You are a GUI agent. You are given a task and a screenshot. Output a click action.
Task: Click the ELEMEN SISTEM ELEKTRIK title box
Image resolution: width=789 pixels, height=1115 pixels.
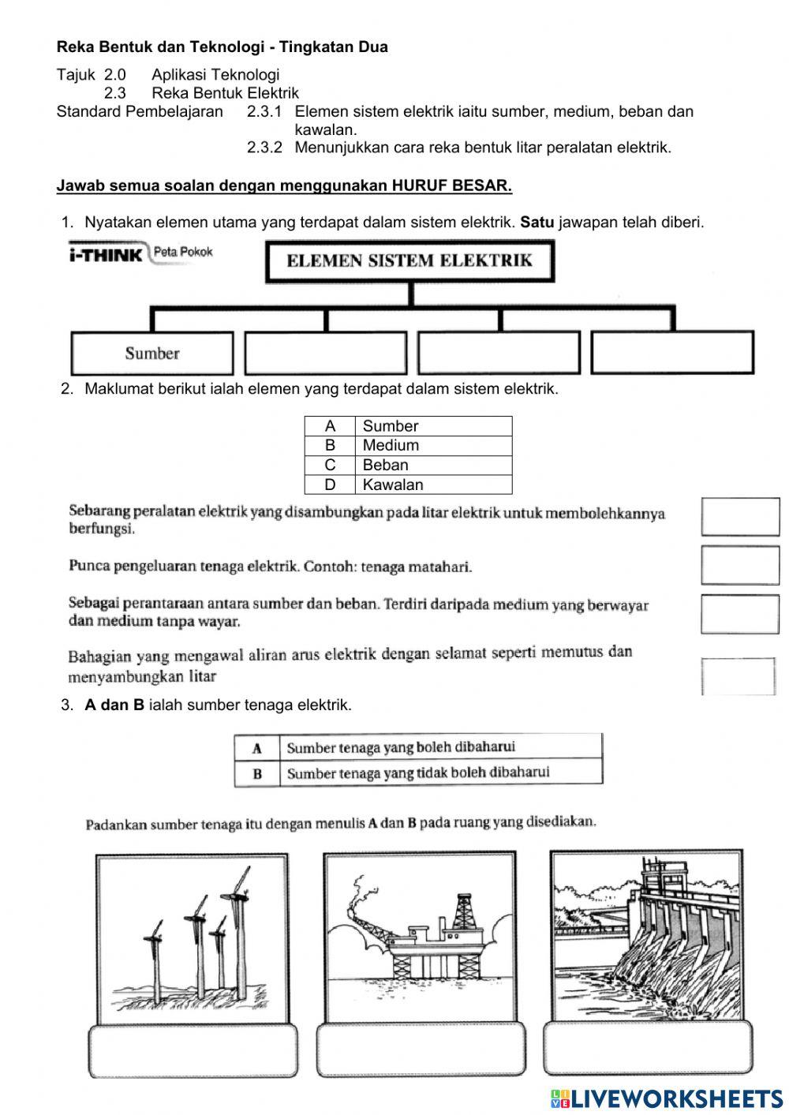(409, 261)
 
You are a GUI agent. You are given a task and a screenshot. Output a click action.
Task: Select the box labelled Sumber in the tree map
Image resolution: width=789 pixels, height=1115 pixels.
(152, 353)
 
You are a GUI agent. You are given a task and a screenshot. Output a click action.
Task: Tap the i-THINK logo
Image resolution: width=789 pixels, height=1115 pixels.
(107, 254)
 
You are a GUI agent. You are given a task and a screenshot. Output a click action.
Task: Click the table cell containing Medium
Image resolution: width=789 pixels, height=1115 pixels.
(433, 445)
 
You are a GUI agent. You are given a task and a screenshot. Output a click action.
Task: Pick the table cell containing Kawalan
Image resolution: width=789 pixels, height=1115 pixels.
(433, 485)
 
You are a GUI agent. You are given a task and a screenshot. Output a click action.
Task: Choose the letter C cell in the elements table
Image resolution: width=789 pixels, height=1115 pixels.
(330, 465)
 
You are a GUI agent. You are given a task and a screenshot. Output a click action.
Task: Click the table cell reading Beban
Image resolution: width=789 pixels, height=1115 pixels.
(433, 465)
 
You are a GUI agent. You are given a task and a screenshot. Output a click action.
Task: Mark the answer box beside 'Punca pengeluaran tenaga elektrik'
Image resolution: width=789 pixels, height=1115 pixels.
(739, 566)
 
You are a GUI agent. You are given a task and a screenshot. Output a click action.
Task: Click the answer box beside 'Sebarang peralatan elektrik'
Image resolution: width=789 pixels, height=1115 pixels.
(739, 518)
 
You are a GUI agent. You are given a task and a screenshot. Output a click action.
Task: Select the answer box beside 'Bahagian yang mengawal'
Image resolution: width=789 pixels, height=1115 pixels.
(739, 676)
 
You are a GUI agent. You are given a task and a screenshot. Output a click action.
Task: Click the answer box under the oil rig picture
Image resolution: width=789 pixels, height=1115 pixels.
(421, 1050)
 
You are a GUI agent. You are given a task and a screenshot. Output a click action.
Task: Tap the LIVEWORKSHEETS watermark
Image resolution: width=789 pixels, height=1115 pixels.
(667, 1098)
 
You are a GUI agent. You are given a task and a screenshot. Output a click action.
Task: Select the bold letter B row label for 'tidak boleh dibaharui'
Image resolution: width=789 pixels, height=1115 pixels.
(257, 773)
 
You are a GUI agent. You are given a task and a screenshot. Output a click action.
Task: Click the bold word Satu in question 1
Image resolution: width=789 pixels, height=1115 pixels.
(537, 223)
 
